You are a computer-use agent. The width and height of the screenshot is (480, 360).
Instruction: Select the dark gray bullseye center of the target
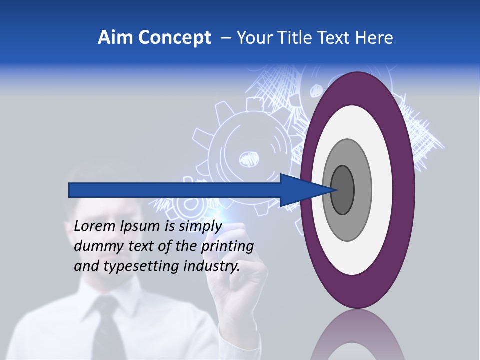pos(342,190)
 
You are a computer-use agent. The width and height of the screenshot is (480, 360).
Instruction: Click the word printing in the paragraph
pos(227,247)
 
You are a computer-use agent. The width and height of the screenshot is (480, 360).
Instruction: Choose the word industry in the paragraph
pos(212,266)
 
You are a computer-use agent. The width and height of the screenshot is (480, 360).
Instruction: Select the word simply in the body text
pos(200,227)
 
